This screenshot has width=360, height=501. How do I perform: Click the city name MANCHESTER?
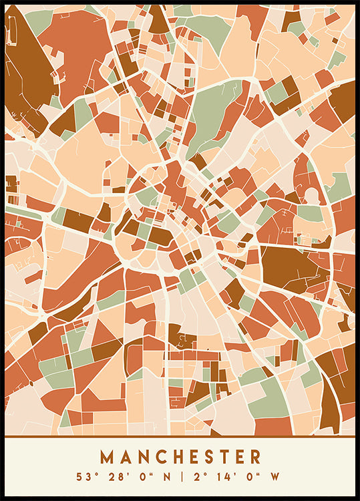coord(180,457)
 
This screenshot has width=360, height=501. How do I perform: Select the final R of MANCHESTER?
coord(254,457)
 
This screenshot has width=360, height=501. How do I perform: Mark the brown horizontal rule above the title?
coord(180,437)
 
